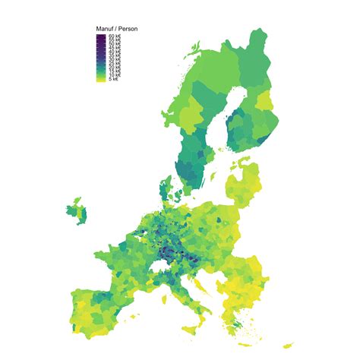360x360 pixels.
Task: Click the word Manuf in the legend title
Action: click(x=105, y=28)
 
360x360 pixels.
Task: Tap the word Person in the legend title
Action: click(x=126, y=28)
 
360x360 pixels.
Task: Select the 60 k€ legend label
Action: click(x=115, y=36)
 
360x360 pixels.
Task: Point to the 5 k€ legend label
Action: click(x=113, y=80)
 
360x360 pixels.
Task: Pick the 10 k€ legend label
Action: click(x=115, y=76)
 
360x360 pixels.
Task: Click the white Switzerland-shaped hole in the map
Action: click(x=161, y=261)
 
